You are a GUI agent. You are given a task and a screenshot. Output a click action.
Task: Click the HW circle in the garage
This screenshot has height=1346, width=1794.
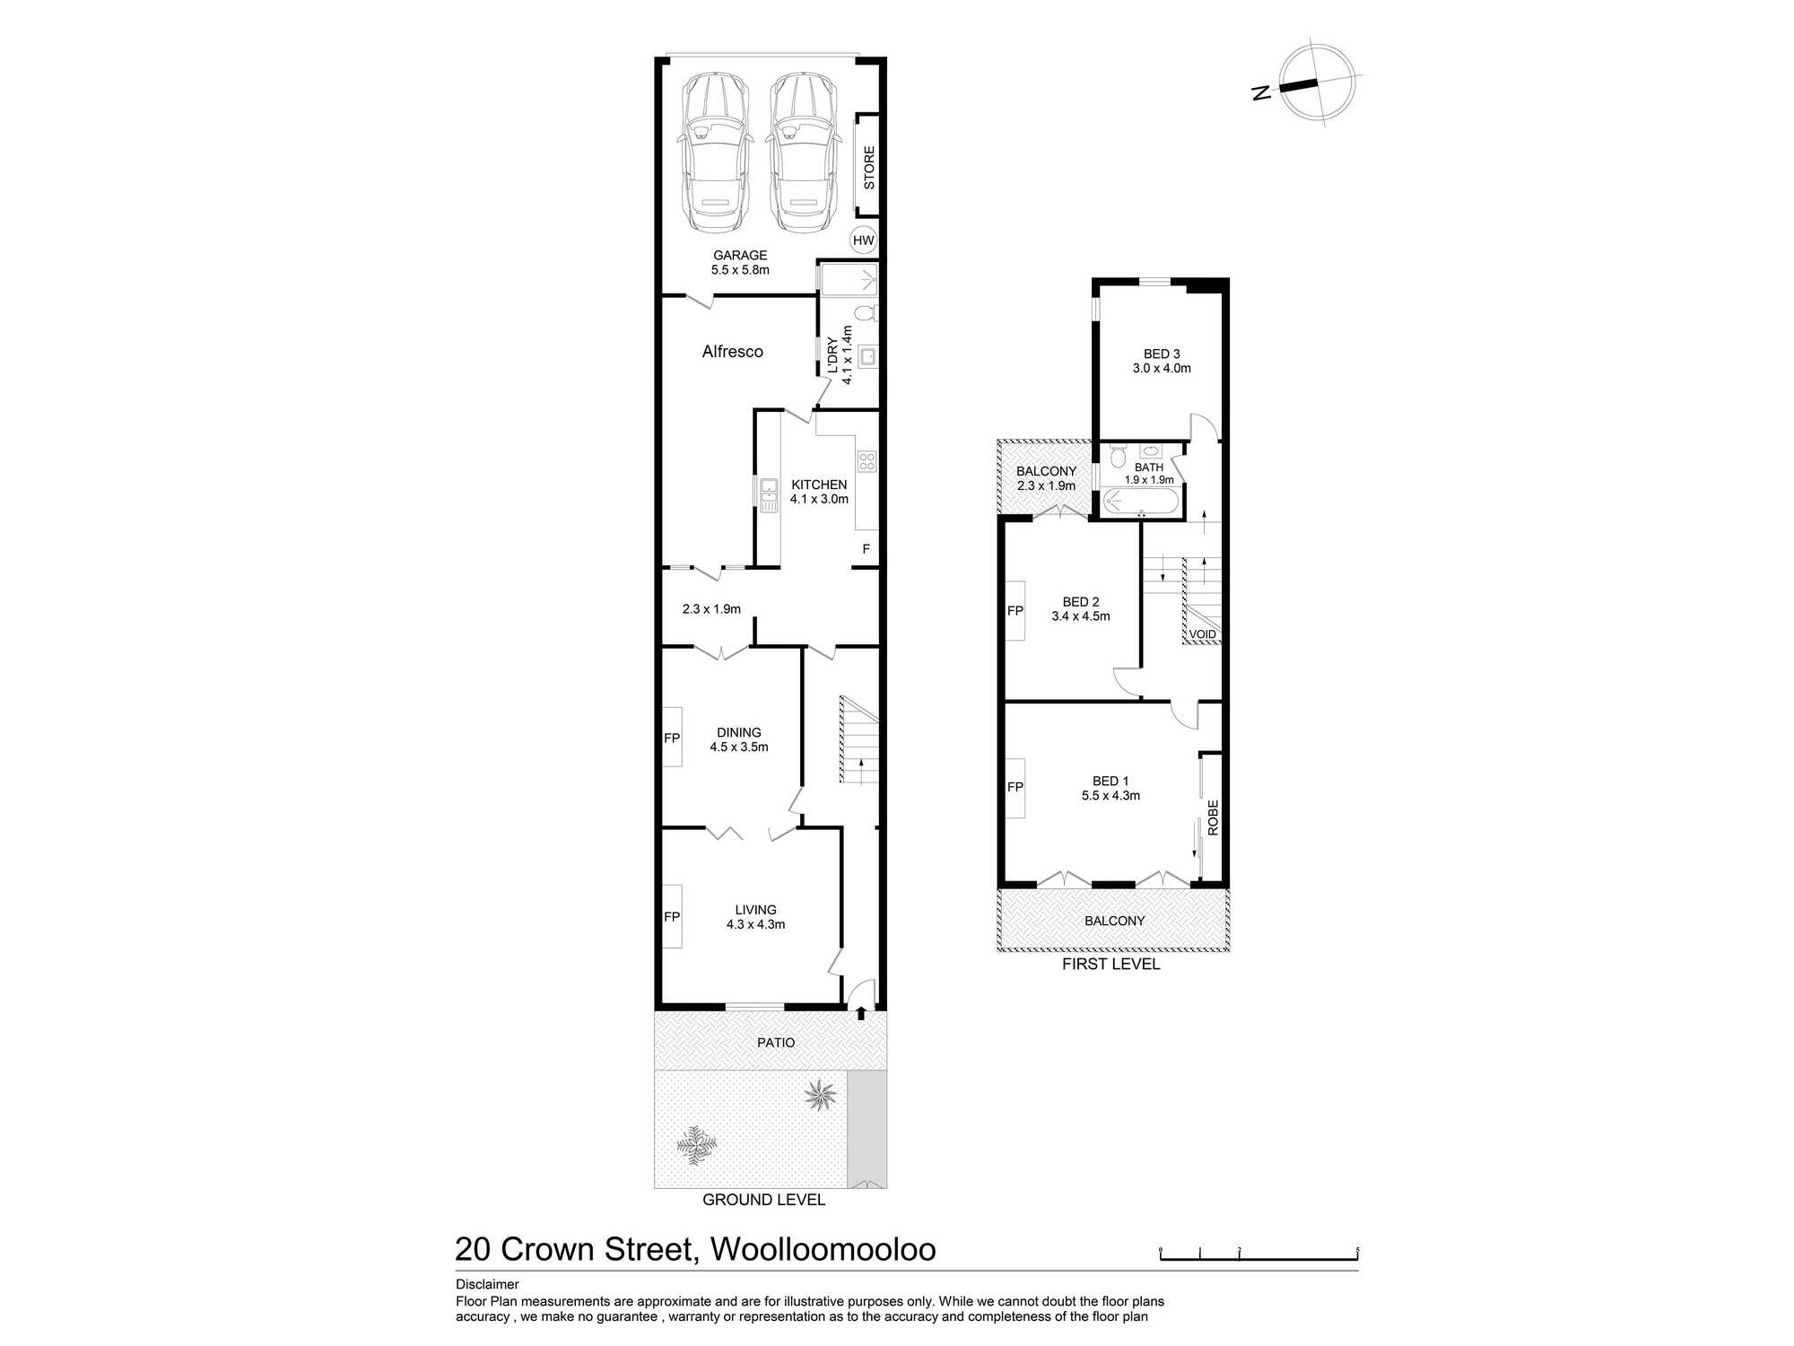[863, 240]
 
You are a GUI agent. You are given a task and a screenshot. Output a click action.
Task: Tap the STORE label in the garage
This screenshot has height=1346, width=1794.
[868, 168]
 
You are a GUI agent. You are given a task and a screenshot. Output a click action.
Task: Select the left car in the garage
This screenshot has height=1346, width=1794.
[714, 153]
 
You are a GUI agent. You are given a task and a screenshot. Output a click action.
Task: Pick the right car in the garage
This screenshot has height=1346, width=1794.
[803, 153]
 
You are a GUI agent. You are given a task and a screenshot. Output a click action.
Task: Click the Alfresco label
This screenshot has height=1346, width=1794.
[733, 352]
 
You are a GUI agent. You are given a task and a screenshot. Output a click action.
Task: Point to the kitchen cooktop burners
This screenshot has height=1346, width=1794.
[867, 461]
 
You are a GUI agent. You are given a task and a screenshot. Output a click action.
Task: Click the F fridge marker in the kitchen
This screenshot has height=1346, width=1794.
[866, 549]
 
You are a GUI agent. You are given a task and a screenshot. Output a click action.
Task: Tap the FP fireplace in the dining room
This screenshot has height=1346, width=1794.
[672, 738]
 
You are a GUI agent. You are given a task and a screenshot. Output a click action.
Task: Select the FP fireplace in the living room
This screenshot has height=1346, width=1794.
[672, 916]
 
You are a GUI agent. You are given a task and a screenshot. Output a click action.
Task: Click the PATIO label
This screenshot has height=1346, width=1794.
[776, 1043]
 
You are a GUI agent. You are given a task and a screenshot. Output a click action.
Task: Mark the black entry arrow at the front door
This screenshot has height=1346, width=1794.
[861, 1013]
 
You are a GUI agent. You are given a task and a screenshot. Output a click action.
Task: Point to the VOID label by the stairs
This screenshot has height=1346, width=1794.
[1203, 634]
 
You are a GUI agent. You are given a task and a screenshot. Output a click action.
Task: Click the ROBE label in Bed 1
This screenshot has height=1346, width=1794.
[1213, 818]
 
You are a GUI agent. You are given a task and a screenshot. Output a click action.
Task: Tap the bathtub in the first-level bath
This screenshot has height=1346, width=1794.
[1138, 503]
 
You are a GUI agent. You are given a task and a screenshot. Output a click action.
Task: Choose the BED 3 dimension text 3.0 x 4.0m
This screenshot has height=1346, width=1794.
[1162, 368]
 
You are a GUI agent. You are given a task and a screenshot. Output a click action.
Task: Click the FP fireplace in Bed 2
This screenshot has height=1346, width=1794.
[1015, 610]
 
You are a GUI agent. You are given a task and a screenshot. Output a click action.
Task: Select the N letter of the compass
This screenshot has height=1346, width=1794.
[1262, 92]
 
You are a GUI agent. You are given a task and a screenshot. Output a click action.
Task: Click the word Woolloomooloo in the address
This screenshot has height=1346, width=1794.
[823, 1249]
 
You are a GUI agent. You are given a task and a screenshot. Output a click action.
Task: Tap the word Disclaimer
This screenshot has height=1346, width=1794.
[487, 1284]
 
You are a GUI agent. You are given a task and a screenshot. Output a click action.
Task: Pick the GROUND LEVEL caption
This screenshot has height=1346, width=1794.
[763, 1200]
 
